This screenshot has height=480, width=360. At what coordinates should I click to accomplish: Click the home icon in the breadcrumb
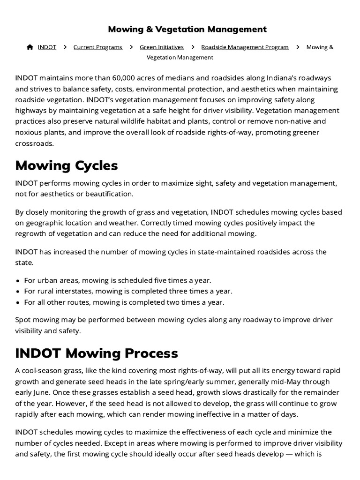30,47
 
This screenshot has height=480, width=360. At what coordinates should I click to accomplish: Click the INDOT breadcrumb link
47,47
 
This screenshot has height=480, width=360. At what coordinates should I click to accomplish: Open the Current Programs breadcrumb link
97,47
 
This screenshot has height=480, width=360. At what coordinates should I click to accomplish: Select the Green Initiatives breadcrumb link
162,47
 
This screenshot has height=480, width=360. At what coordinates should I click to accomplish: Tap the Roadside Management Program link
245,47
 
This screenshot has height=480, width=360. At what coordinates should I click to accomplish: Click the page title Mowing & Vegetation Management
187,30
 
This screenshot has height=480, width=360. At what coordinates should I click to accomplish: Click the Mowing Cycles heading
67,165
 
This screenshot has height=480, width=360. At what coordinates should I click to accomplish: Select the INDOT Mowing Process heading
97,353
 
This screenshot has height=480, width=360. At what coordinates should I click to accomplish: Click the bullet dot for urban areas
18,281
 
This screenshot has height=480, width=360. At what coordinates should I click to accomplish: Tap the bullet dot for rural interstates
18,292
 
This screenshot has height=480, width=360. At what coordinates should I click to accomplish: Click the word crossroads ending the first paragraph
34,143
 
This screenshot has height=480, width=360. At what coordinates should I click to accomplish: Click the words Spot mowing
37,320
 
